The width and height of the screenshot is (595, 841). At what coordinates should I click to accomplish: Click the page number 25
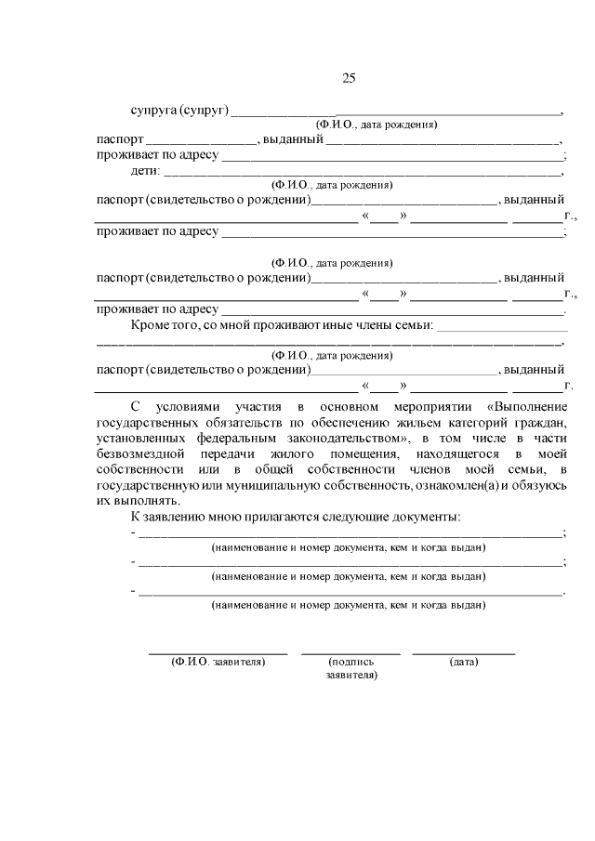(348, 78)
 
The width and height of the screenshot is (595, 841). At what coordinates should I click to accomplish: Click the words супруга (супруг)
(179, 110)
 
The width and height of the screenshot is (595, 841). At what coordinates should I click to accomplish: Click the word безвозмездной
(137, 453)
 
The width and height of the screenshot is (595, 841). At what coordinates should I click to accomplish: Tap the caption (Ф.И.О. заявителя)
(218, 663)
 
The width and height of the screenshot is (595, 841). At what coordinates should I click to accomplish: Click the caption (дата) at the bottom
(463, 663)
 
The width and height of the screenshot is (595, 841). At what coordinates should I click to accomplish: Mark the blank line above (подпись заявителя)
(350, 653)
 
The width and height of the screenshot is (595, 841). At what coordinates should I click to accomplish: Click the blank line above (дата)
(463, 653)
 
